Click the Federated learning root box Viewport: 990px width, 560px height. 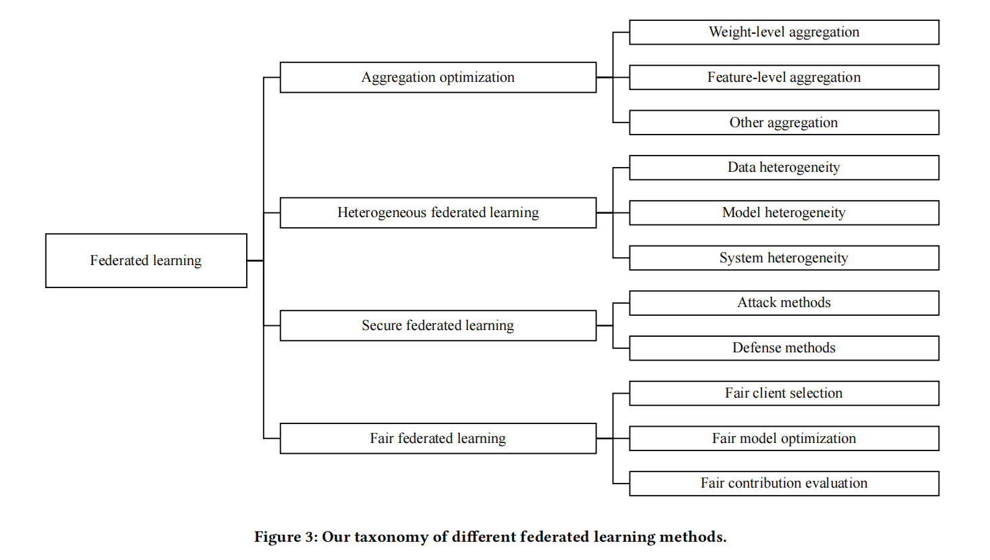(146, 260)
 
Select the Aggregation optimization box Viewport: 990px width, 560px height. (438, 77)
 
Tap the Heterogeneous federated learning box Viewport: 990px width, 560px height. (438, 212)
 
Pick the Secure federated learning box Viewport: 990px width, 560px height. (438, 325)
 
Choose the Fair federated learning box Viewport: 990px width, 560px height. (438, 438)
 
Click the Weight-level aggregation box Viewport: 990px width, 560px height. (784, 32)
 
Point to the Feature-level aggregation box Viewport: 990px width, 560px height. (784, 77)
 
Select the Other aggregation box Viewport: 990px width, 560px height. (784, 122)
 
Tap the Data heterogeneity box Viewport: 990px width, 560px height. (784, 167)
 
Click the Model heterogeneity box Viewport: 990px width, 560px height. (784, 212)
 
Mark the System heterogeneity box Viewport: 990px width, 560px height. (784, 258)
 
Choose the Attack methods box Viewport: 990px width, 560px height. (784, 302)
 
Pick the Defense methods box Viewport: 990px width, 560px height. (784, 348)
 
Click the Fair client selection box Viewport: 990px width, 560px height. (784, 393)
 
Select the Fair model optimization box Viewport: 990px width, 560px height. (784, 438)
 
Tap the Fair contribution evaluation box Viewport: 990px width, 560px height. (784, 483)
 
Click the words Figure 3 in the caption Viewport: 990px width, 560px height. (285, 537)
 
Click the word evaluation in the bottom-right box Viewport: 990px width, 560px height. (834, 483)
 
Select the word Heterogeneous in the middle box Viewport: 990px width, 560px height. (382, 212)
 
